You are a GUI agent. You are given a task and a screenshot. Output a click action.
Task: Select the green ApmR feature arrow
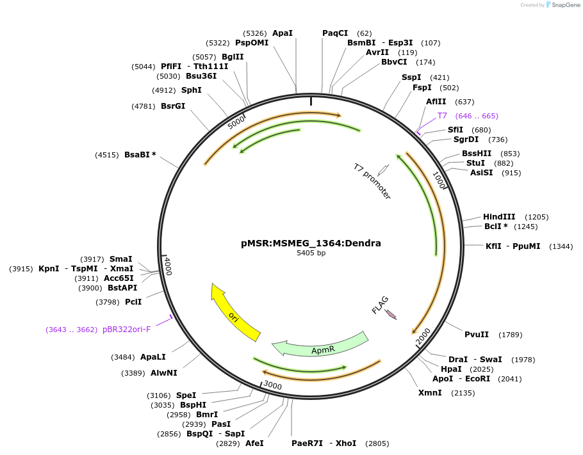tap(320, 346)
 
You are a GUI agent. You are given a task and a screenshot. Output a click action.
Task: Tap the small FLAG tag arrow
tap(390, 315)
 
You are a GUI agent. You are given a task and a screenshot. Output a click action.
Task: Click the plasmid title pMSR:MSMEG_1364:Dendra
tap(311, 243)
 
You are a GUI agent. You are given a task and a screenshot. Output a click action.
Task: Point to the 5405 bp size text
tap(311, 253)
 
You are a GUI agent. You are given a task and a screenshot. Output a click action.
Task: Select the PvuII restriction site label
tap(477, 334)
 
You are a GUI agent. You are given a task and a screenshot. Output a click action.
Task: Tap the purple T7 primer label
tap(442, 116)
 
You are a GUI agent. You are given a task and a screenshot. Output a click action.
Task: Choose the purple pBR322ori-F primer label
tap(127, 330)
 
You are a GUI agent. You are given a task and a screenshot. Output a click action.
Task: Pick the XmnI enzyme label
tap(430, 392)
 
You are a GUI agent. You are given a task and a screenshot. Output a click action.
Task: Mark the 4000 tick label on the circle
tap(167, 266)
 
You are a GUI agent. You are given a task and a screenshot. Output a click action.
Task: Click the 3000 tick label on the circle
tap(273, 385)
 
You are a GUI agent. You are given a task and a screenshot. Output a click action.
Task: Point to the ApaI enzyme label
tap(283, 33)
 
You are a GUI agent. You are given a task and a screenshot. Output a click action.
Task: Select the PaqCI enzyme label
tap(335, 33)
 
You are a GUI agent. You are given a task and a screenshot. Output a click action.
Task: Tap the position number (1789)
tap(511, 335)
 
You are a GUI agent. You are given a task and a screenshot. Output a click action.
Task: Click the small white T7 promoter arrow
tap(383, 170)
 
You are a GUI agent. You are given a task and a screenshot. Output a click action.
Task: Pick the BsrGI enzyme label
tap(173, 106)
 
